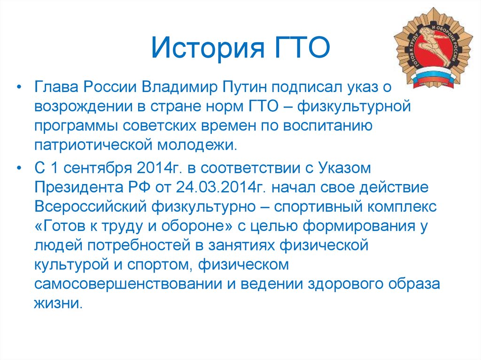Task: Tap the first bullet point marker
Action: coord(19,88)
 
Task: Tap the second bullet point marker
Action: coord(19,169)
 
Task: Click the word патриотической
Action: coord(93,145)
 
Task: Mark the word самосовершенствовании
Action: coord(128,284)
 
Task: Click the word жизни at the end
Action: coord(58,303)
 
